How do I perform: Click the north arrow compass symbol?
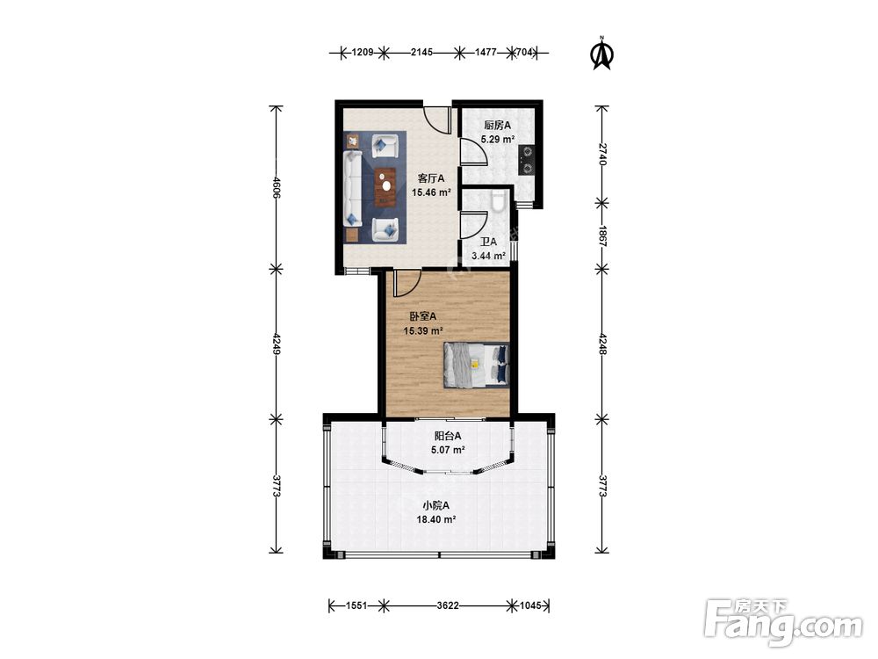tap(603, 54)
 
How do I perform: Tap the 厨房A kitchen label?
tap(497, 126)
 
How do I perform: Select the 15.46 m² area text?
tap(432, 192)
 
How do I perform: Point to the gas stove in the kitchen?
tap(527, 160)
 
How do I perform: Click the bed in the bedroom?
tap(477, 365)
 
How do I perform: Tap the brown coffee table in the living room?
tap(385, 187)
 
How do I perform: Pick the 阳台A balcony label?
tap(448, 436)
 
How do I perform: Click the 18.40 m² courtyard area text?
tap(435, 519)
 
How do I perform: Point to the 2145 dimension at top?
tap(421, 53)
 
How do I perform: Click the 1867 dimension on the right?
tap(602, 236)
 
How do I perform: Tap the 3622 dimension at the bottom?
tap(448, 605)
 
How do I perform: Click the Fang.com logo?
tap(783, 621)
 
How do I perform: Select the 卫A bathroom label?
tap(488, 243)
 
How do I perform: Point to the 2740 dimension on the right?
tap(602, 154)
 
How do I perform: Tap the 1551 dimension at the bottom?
tap(356, 605)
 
